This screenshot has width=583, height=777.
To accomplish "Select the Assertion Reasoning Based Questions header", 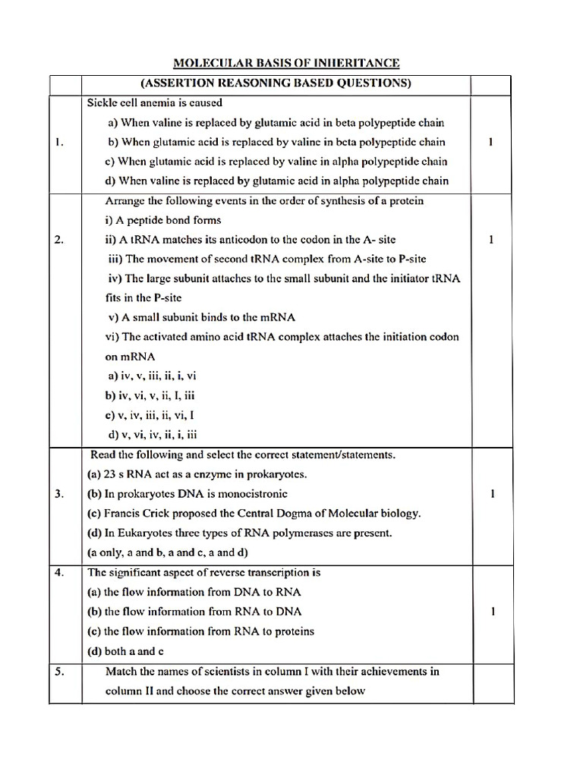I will coord(276,83).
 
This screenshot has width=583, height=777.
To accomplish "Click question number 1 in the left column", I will coord(59,142).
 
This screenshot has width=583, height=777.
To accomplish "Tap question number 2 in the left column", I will coord(59,240).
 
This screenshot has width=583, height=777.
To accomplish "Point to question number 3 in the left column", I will coord(59,494).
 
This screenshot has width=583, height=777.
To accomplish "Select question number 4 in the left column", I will coord(59,573).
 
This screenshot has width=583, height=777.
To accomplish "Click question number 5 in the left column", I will coord(59,672).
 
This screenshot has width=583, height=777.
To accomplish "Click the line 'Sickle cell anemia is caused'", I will coord(155,103).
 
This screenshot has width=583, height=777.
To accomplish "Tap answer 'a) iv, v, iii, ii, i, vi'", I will coord(153,376).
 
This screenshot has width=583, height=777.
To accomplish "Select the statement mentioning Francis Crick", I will coord(254,514).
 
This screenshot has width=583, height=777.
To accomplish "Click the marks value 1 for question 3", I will coord(493,494).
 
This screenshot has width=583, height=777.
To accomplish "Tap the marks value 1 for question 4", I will coord(493,612).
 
